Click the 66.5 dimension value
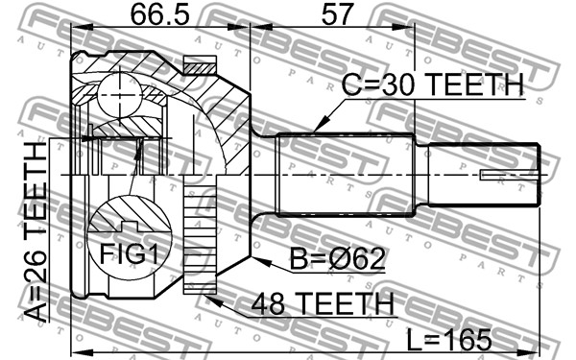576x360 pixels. click(x=159, y=14)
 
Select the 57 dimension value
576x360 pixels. click(x=337, y=14)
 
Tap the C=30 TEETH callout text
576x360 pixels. click(x=432, y=84)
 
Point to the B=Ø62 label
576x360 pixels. click(x=337, y=258)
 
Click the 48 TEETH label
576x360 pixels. click(x=323, y=303)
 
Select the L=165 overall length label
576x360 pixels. click(x=449, y=339)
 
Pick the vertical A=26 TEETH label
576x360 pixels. click(x=36, y=232)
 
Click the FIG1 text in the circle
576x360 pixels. click(x=130, y=253)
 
